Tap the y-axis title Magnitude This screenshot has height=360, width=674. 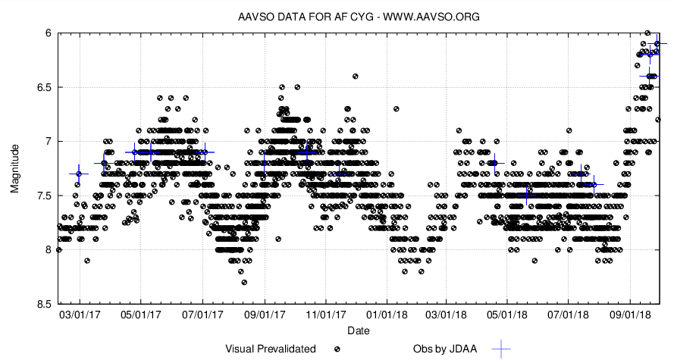point(15,168)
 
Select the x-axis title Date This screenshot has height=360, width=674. point(358,331)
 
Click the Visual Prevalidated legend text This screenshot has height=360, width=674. point(271,349)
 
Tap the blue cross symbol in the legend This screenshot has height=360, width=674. point(501,349)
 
